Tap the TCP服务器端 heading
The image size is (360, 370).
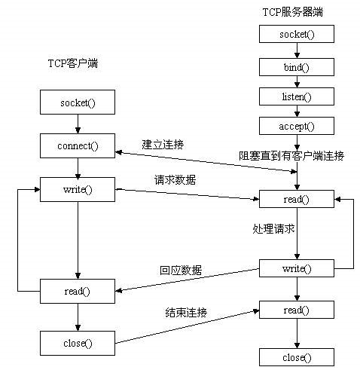(294, 13)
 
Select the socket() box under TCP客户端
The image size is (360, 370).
(78, 101)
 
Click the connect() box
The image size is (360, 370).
(78, 144)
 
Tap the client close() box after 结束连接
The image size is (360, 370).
(78, 343)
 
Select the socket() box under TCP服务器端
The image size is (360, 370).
(297, 35)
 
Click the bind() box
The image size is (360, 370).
(297, 66)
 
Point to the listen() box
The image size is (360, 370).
(297, 97)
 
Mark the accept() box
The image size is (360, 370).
(297, 127)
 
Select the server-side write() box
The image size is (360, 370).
(297, 268)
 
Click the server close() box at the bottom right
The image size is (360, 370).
(297, 357)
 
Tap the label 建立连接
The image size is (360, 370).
(163, 144)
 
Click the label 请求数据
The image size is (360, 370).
(172, 181)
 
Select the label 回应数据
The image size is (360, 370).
(181, 270)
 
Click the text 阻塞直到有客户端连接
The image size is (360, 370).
(291, 156)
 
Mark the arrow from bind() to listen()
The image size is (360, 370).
(297, 81)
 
